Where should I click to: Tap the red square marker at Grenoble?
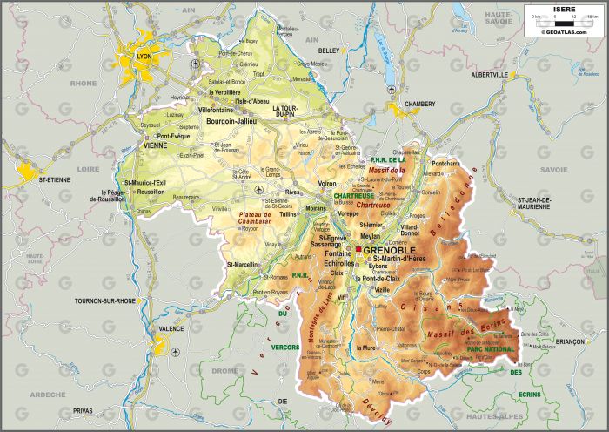(x=358, y=250)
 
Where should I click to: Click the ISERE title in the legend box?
(x=565, y=10)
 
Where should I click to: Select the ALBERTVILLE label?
(x=489, y=75)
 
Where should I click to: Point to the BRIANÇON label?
(x=570, y=342)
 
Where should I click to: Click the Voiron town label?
(x=328, y=184)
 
